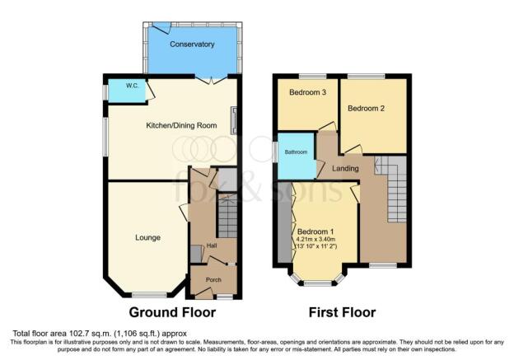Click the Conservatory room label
[x=192, y=44]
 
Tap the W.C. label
[x=132, y=86]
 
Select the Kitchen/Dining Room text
[x=181, y=125]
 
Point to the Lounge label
[x=147, y=237]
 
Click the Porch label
[x=213, y=279]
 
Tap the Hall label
[x=212, y=245]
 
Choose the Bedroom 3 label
[x=307, y=92]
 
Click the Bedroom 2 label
[x=367, y=108]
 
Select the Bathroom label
[x=296, y=152]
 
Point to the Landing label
[x=345, y=169]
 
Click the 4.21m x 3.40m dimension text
[x=315, y=240]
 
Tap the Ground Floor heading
[x=172, y=312]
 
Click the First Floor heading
[x=342, y=312]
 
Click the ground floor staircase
[x=227, y=215]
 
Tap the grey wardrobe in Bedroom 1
[x=284, y=222]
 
